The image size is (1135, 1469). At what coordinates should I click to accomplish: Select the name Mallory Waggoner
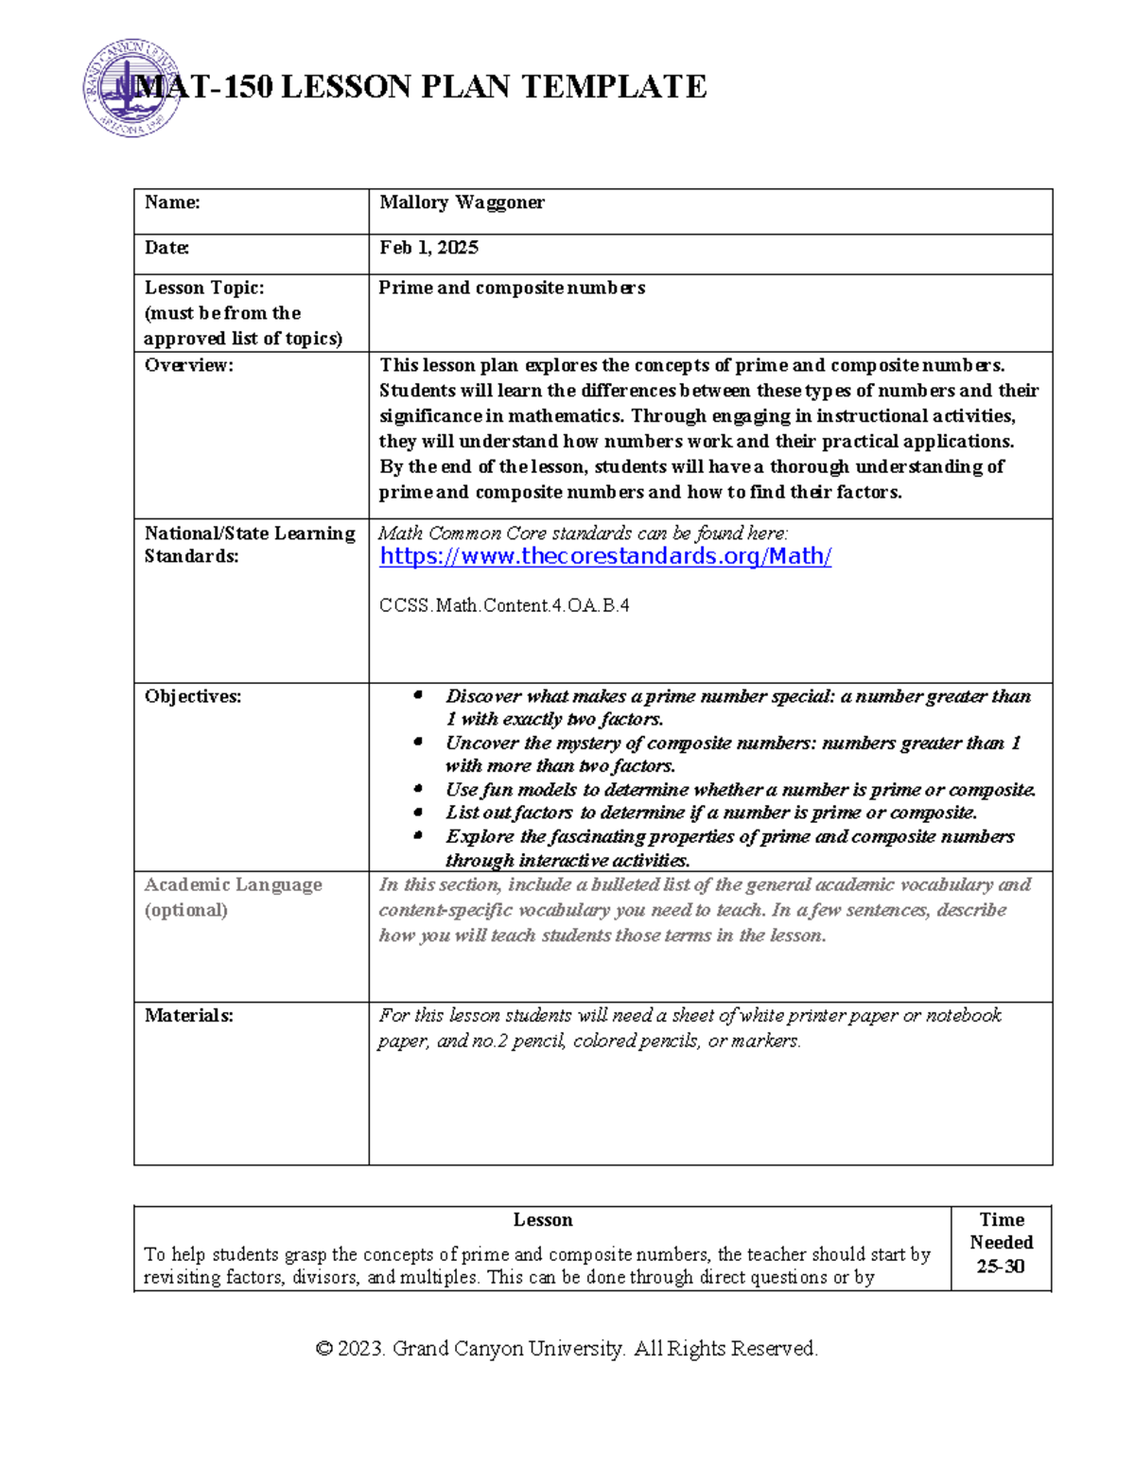pyautogui.click(x=462, y=202)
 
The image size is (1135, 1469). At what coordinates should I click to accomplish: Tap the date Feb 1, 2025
pyautogui.click(x=428, y=248)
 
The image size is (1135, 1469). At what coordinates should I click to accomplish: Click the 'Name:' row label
pyautogui.click(x=172, y=202)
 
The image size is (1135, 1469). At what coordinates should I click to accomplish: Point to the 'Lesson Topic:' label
pyautogui.click(x=204, y=288)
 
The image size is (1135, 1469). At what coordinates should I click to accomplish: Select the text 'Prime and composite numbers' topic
pyautogui.click(x=512, y=288)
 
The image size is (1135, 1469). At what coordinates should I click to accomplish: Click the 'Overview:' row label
pyautogui.click(x=188, y=365)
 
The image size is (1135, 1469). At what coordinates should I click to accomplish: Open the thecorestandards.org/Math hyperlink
pyautogui.click(x=605, y=556)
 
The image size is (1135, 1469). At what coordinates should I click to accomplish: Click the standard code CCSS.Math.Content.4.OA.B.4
pyautogui.click(x=504, y=605)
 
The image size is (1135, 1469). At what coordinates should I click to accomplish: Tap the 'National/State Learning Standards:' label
pyautogui.click(x=249, y=545)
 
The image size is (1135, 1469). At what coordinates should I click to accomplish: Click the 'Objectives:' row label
pyautogui.click(x=193, y=696)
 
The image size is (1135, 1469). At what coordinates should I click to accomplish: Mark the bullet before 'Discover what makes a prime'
pyautogui.click(x=418, y=695)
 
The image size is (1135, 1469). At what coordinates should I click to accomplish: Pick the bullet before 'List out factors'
pyautogui.click(x=418, y=812)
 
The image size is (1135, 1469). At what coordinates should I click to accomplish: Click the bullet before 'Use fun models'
pyautogui.click(x=418, y=788)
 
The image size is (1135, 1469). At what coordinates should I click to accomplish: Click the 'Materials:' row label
pyautogui.click(x=188, y=1016)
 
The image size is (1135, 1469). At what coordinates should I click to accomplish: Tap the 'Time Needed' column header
pyautogui.click(x=1001, y=1231)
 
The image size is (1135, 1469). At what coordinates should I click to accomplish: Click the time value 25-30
pyautogui.click(x=1001, y=1267)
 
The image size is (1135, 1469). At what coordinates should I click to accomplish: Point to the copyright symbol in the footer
pyautogui.click(x=323, y=1349)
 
